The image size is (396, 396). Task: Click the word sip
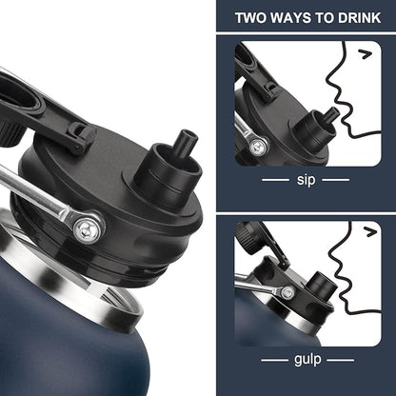pos(306,180)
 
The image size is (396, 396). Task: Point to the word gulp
pos(307,360)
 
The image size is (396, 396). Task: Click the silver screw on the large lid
pos(87,228)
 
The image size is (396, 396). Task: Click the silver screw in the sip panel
pos(258,147)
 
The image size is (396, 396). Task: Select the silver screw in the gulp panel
pos(287,292)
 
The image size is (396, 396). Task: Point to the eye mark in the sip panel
pos(366,54)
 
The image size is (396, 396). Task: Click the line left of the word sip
pos(275,180)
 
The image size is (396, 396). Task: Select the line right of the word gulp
pos(341,360)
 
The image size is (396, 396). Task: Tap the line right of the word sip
pos(336,180)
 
